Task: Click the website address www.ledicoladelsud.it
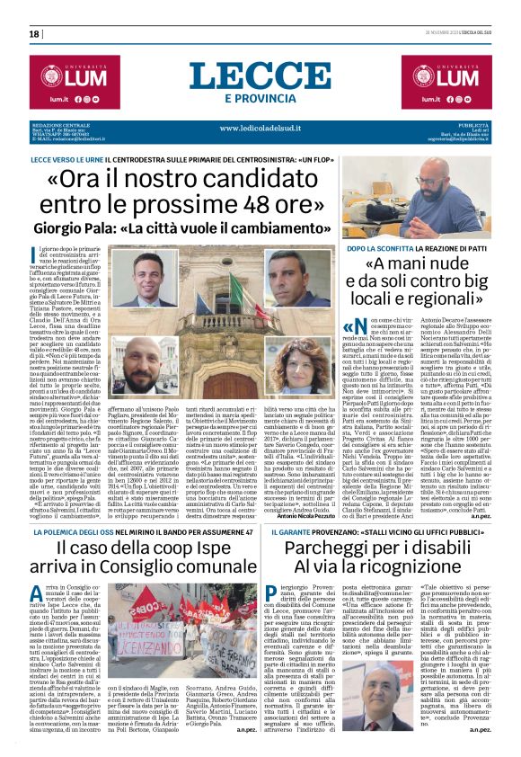260,129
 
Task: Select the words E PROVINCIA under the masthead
259,98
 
